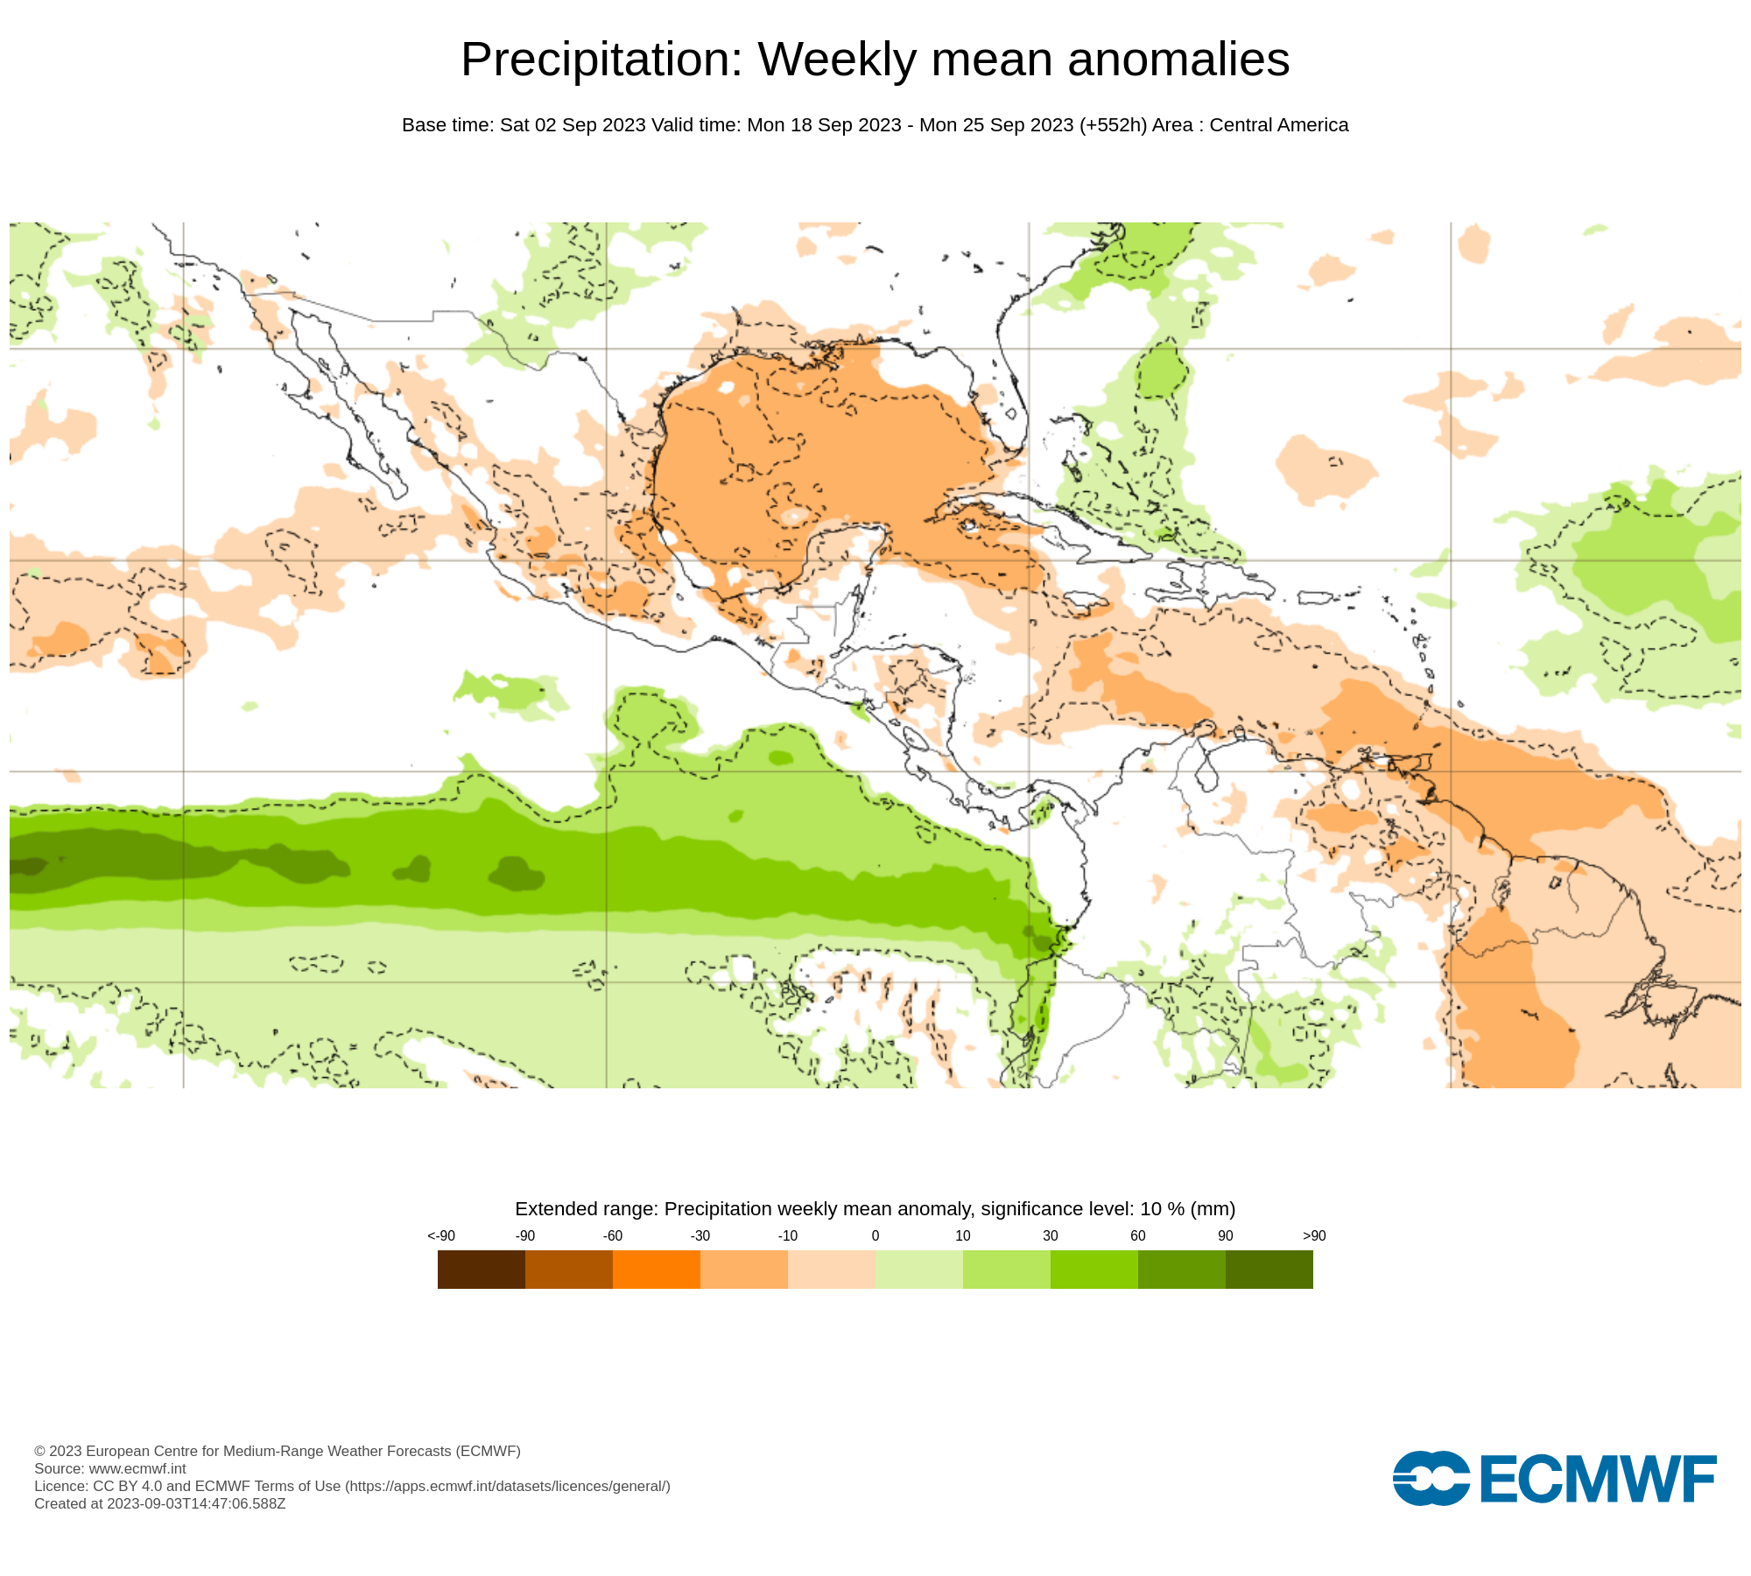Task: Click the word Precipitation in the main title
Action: coord(601,60)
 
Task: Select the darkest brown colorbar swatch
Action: coord(481,1269)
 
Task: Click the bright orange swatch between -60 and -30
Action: coord(656,1269)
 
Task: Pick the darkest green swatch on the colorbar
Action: coord(1269,1269)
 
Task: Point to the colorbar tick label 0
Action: coord(875,1235)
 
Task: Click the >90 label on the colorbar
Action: coord(1314,1235)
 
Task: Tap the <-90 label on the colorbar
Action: coord(441,1235)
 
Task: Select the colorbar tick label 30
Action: coord(1050,1235)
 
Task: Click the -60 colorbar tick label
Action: coord(612,1235)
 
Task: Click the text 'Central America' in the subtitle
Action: coord(1278,125)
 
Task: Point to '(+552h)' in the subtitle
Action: coord(1113,125)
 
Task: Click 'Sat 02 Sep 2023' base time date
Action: coord(573,125)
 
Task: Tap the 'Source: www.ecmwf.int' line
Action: coord(110,1468)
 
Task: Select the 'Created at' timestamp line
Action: coord(159,1503)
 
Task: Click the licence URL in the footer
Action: coord(508,1486)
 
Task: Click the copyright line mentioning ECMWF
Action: coord(277,1451)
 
